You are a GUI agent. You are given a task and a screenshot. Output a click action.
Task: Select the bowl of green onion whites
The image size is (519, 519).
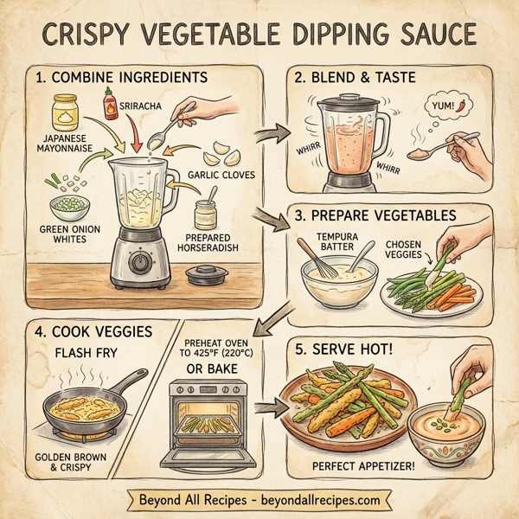click(71, 208)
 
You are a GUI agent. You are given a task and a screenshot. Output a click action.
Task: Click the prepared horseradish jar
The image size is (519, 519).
click(205, 214)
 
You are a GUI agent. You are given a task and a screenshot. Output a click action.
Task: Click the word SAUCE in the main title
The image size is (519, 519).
click(422, 35)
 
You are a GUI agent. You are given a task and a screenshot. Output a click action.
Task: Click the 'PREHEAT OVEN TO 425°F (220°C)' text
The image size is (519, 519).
click(218, 346)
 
